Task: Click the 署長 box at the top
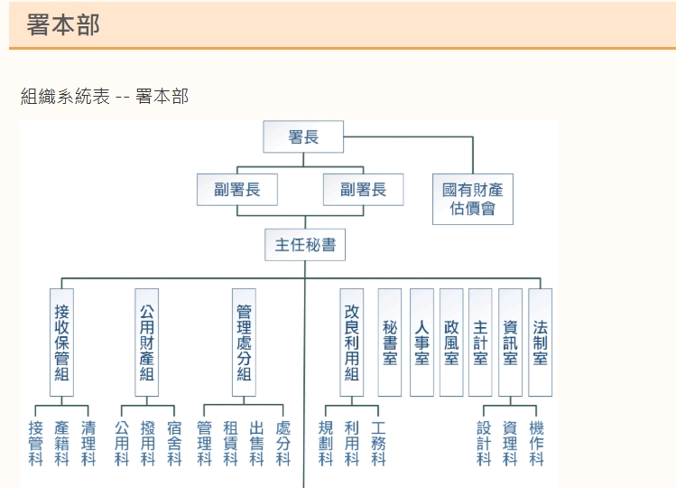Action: pos(304,137)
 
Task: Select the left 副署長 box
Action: pos(237,190)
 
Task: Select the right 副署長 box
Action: pos(363,190)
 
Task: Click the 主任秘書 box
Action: pos(305,245)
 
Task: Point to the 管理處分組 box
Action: pos(244,343)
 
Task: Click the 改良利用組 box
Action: pos(352,343)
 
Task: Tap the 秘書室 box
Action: pos(390,343)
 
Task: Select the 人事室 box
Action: pos(421,343)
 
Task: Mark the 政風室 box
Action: pos(451,343)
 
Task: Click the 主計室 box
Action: pos(480,343)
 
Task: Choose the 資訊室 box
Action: pos(510,343)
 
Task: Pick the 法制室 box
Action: pos(540,343)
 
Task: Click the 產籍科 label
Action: pos(61,443)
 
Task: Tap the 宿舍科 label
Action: pos(174,443)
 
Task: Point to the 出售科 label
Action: pos(257,443)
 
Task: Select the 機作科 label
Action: pos(537,443)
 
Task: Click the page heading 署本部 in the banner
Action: pos(63,25)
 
